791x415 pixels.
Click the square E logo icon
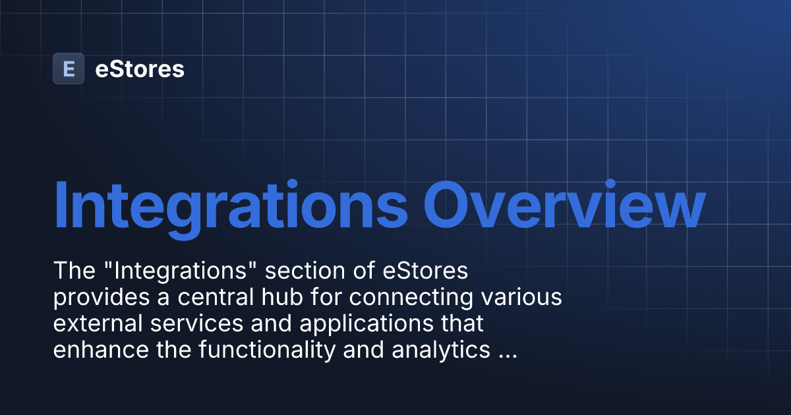tap(69, 69)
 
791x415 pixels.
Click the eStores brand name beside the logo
tap(140, 69)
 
